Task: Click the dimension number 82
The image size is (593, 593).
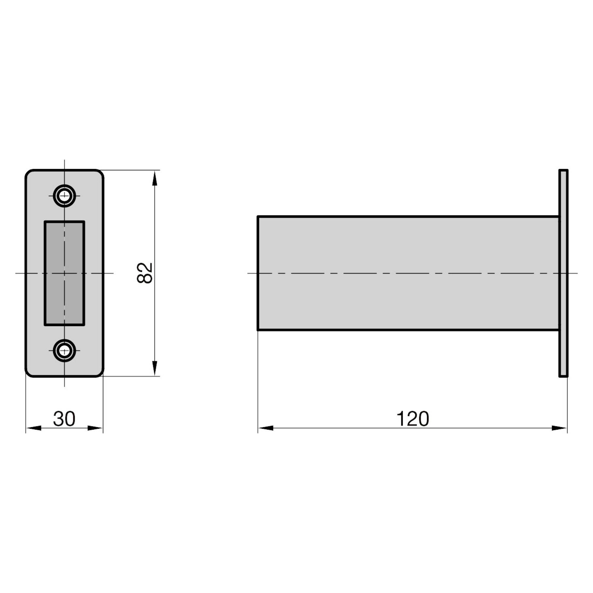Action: [x=145, y=273]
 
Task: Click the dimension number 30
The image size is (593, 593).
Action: [x=64, y=419]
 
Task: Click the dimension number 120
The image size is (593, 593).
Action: [x=412, y=419]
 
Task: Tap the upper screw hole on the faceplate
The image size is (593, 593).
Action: [x=64, y=195]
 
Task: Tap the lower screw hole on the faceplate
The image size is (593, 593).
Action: [x=64, y=350]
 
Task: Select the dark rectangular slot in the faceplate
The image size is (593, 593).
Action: [x=64, y=273]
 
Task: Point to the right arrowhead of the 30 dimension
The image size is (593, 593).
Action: [x=95, y=428]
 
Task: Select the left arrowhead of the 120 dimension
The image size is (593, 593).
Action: [x=266, y=428]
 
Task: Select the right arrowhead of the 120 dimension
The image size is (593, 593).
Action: [x=559, y=428]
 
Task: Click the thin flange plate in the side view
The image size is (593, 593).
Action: [x=563, y=273]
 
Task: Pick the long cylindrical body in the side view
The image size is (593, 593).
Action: [x=408, y=273]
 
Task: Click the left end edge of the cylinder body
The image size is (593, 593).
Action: [x=258, y=273]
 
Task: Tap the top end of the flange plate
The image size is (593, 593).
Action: [x=563, y=170]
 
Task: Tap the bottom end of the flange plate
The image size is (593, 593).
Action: [x=563, y=376]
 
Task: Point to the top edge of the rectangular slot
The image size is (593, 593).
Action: [x=64, y=221]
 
